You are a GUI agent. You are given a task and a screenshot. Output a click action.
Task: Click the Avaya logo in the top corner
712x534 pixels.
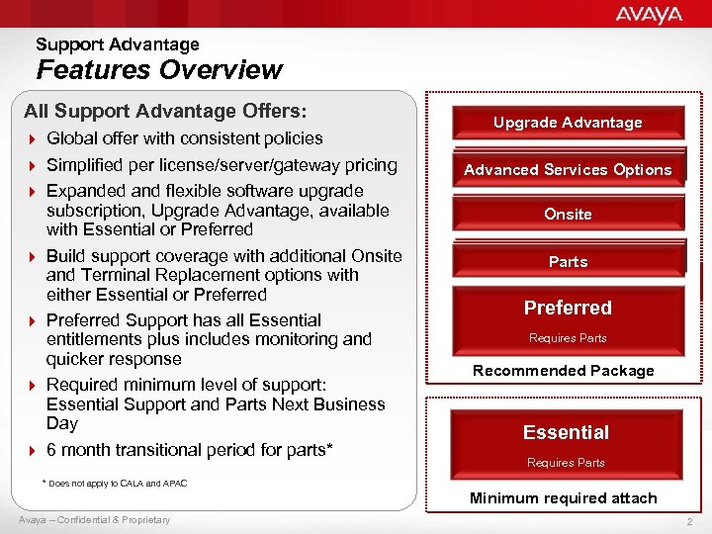click(649, 14)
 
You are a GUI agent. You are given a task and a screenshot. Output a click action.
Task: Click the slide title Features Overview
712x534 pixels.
click(159, 70)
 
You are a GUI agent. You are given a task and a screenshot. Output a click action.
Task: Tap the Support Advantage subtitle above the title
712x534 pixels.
click(118, 44)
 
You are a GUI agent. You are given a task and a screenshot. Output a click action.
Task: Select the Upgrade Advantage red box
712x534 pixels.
click(568, 123)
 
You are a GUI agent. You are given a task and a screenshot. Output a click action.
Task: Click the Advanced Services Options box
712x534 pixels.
click(568, 170)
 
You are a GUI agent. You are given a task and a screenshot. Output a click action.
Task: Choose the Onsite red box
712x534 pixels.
click(568, 215)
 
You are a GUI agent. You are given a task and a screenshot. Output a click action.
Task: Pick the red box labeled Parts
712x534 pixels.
click(568, 262)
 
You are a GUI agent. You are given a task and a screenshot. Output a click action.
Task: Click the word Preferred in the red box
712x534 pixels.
click(568, 308)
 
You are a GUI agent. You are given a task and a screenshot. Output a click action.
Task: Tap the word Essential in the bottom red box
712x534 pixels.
click(566, 432)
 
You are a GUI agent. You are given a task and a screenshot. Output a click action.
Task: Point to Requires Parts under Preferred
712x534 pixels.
click(568, 338)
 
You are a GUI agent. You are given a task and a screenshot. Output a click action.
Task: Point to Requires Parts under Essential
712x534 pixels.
click(566, 463)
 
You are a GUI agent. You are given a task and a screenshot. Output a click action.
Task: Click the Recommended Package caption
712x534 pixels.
click(564, 371)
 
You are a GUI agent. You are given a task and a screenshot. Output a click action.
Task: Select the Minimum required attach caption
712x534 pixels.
click(564, 498)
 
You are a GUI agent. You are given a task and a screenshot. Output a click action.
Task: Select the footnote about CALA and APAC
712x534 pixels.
click(114, 484)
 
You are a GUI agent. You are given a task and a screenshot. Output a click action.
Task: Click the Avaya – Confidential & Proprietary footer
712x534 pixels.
click(94, 520)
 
